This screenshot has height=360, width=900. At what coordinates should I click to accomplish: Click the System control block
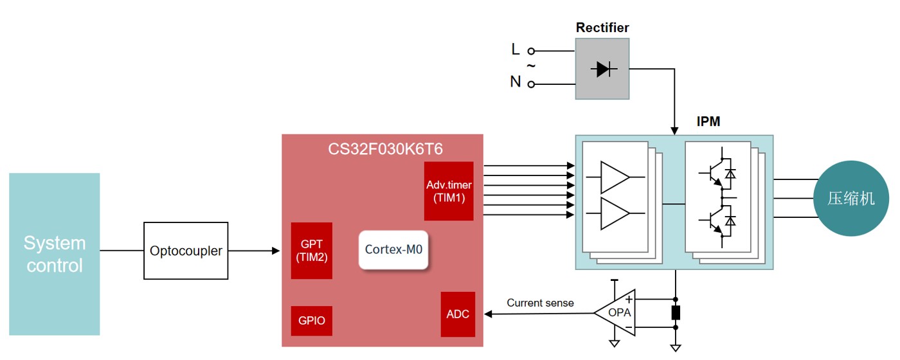pos(55,254)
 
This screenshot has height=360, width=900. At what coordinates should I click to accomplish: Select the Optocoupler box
pos(186,251)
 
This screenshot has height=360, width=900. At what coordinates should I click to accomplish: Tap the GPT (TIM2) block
pos(312,251)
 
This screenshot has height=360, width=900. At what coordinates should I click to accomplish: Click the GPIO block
pos(312,321)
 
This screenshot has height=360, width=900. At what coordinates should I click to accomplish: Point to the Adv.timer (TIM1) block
pos(449,191)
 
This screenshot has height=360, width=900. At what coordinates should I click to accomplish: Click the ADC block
pos(458,314)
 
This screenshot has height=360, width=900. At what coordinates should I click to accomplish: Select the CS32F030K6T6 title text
pos(385,150)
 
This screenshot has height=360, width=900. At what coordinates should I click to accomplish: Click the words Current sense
pos(540,303)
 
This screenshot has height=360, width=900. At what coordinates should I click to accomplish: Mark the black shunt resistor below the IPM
pos(676,313)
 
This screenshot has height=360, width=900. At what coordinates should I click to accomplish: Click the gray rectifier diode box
pos(602,69)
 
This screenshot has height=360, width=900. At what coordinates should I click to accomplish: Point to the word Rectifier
pos(602,28)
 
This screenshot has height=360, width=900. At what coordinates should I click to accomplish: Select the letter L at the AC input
pos(516,50)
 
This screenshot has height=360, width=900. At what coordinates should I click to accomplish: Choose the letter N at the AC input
pos(516,82)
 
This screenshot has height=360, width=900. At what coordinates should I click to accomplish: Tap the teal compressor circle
pos(851,198)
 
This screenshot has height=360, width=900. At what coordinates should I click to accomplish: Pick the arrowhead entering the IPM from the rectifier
pos(675,130)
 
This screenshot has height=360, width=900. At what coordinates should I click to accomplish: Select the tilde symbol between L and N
pos(531,66)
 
